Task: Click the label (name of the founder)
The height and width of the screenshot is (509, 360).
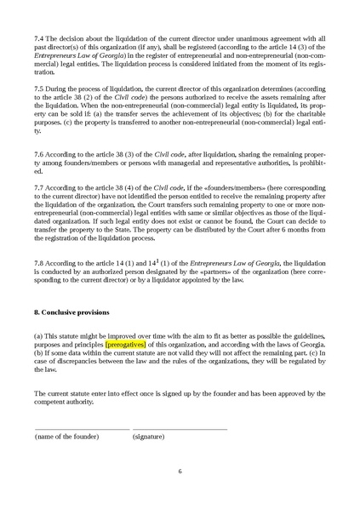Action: (x=67, y=436)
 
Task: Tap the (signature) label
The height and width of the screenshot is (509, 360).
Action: (x=150, y=436)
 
